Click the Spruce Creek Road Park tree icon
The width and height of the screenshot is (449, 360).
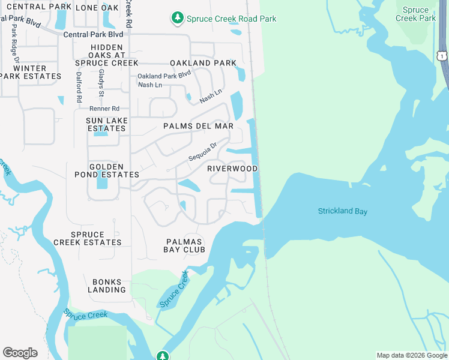tap(177, 19)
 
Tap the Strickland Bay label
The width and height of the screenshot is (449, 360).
tap(342, 211)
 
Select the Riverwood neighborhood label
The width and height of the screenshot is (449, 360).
tap(232, 169)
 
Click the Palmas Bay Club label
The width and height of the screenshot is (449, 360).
tap(185, 245)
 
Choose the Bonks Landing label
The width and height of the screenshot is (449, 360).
tap(107, 286)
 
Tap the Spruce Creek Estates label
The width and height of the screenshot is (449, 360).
tap(88, 238)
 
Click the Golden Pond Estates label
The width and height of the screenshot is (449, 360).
tap(114, 170)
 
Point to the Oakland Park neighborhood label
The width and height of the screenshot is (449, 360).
tap(199, 63)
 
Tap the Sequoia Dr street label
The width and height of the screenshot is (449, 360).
tap(202, 151)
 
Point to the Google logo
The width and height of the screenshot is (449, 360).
tap(20, 353)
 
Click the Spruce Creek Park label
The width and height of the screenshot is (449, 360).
tap(415, 14)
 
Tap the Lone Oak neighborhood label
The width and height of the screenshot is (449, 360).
tap(97, 8)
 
